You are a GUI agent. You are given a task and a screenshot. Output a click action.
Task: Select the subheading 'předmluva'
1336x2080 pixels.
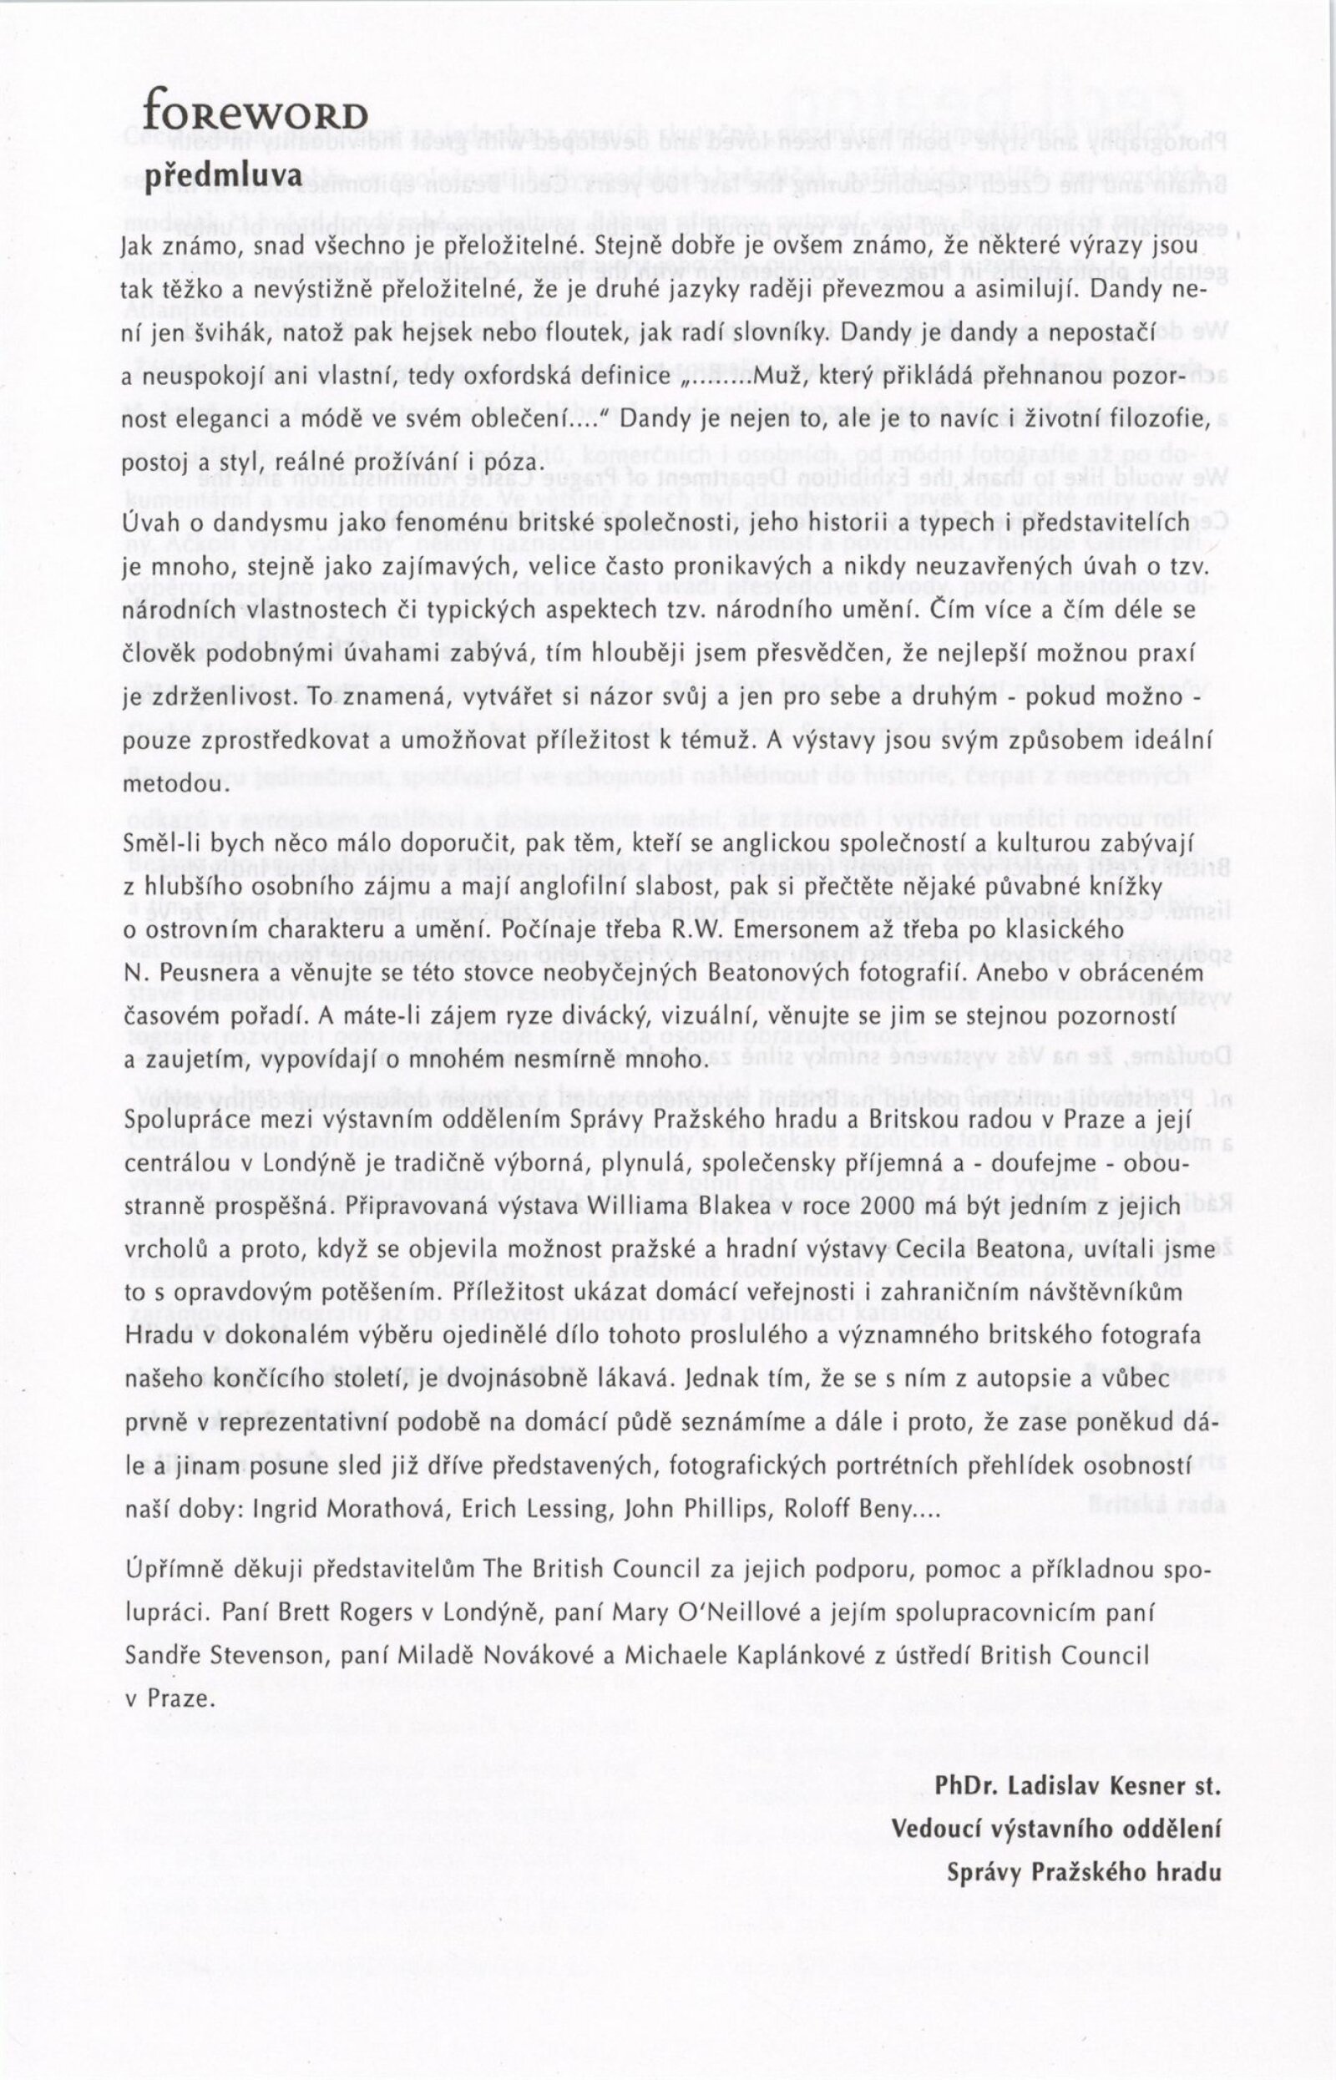[223, 176]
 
